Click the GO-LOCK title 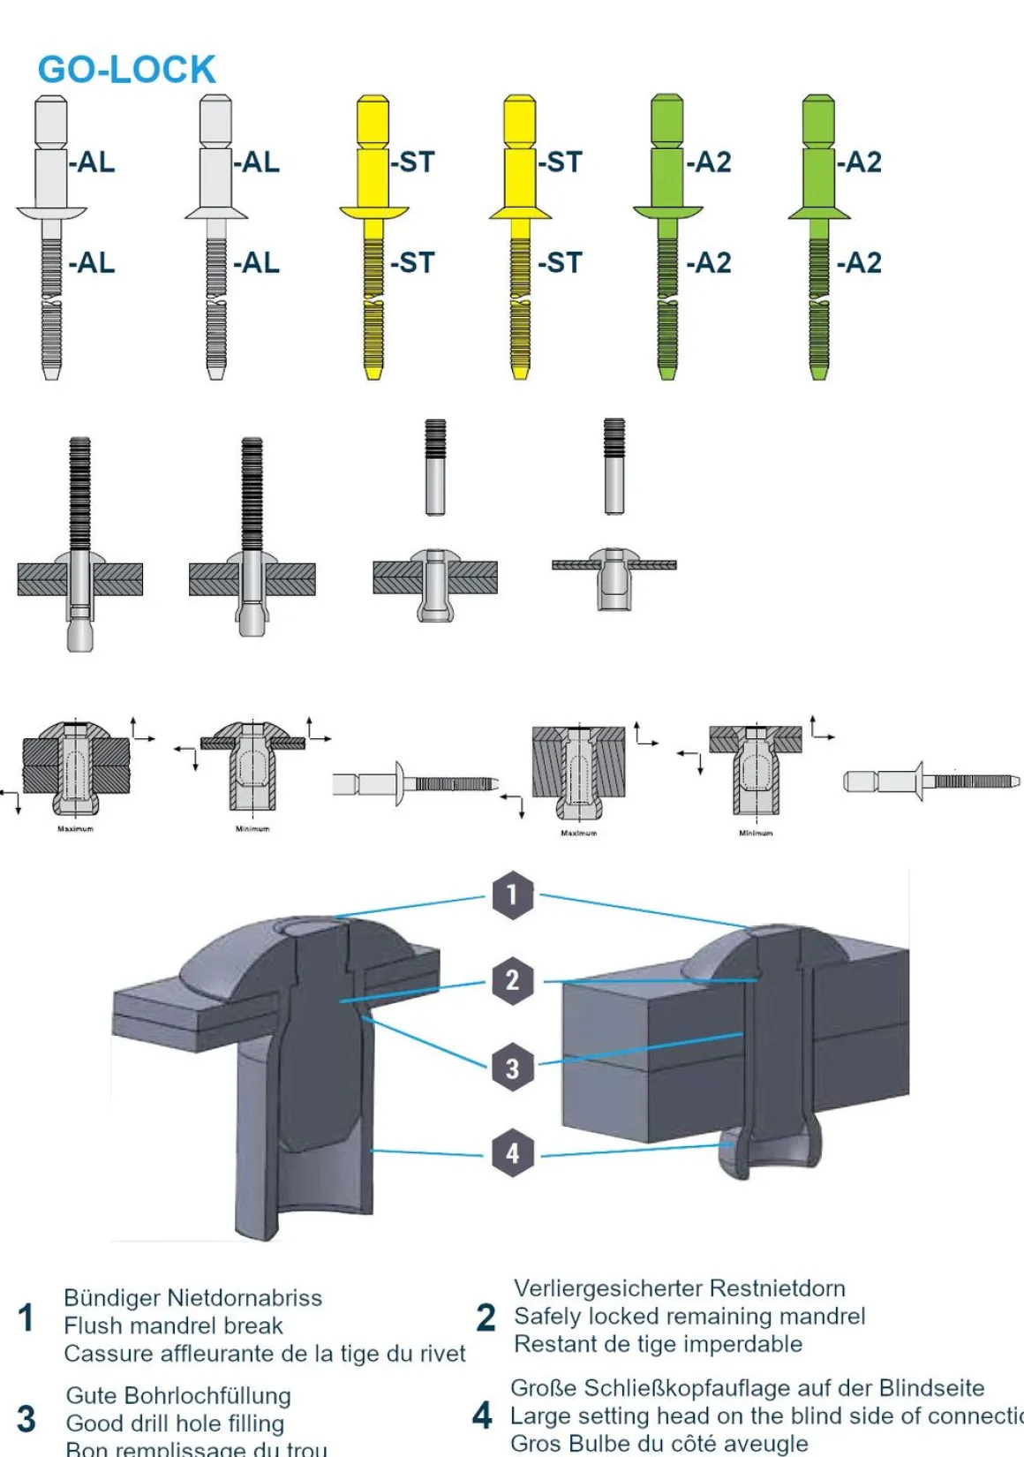point(126,70)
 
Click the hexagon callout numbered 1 point(512,895)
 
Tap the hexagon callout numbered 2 point(512,979)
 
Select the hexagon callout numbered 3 point(512,1068)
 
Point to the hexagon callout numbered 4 point(512,1152)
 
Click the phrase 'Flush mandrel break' point(174,1325)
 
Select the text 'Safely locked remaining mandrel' point(689,1316)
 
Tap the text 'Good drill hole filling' point(175,1423)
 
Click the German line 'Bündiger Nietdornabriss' point(192,1297)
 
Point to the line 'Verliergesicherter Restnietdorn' point(680,1288)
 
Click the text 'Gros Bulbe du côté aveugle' point(659,1444)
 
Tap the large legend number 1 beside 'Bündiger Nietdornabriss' point(26,1317)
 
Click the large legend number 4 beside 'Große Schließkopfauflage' point(482,1415)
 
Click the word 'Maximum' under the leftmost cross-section point(75,829)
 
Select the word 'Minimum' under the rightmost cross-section point(756,833)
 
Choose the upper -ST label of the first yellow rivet point(413,162)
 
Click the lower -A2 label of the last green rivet point(859,263)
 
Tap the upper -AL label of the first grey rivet point(93,162)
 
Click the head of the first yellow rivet point(373,212)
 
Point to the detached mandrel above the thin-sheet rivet point(614,466)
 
